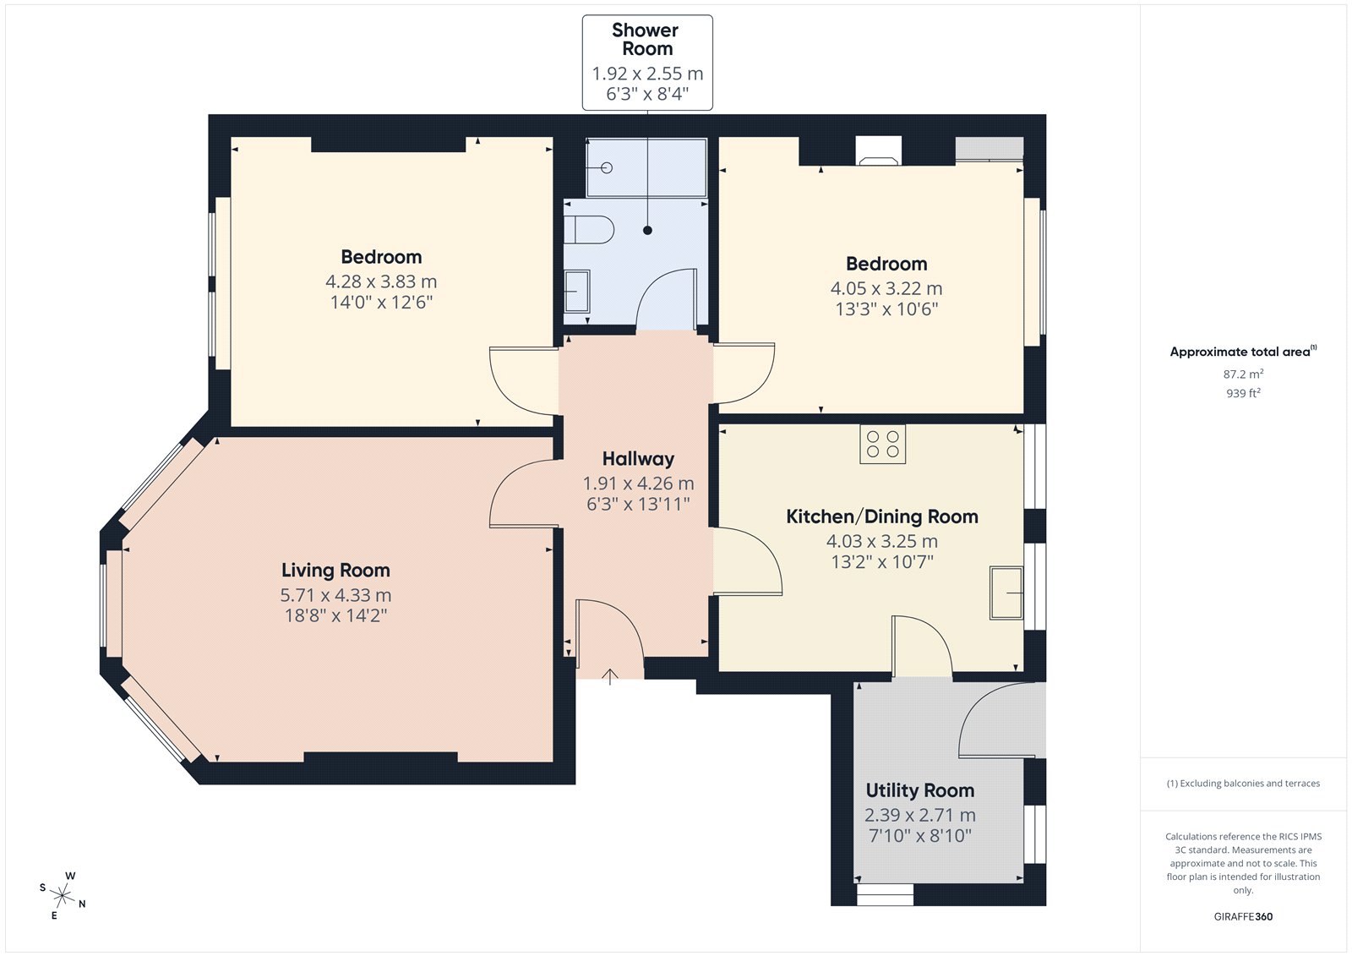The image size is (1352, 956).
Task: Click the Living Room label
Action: pyautogui.click(x=335, y=570)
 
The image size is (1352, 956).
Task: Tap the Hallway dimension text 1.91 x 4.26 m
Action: pyautogui.click(x=638, y=483)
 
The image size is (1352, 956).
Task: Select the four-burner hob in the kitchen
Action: pyautogui.click(x=882, y=444)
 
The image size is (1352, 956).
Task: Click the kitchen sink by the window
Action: pyautogui.click(x=1006, y=593)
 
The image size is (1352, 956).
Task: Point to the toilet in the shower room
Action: pyautogui.click(x=588, y=229)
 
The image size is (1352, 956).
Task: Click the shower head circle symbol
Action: pyautogui.click(x=607, y=168)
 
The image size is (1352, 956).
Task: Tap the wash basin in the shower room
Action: pyautogui.click(x=576, y=291)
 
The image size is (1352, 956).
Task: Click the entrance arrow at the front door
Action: pyautogui.click(x=610, y=676)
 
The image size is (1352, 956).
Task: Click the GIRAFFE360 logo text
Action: pyautogui.click(x=1243, y=916)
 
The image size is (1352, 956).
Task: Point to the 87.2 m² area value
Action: pyautogui.click(x=1243, y=374)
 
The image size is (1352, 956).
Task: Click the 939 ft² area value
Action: pyautogui.click(x=1243, y=393)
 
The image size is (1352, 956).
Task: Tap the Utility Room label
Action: pyautogui.click(x=920, y=790)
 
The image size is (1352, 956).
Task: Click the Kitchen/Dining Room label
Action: pyautogui.click(x=882, y=516)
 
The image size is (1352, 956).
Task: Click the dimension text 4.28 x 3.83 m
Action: pyautogui.click(x=381, y=281)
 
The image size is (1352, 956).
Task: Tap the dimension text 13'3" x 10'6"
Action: pyautogui.click(x=886, y=309)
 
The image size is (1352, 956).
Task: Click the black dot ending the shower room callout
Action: pyautogui.click(x=647, y=230)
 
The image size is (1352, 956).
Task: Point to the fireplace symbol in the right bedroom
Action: pyautogui.click(x=878, y=151)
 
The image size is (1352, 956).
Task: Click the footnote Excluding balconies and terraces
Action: pyautogui.click(x=1243, y=784)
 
